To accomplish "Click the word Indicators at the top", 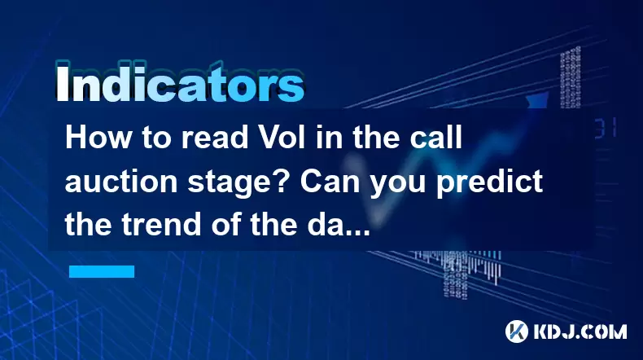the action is point(180,83).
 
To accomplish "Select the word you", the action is point(398,184).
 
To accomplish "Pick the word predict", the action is point(490,183).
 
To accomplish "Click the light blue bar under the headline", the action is point(102,272).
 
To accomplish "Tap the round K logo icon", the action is point(517,331).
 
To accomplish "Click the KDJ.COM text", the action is point(580,331).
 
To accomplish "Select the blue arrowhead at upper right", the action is point(538,99).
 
